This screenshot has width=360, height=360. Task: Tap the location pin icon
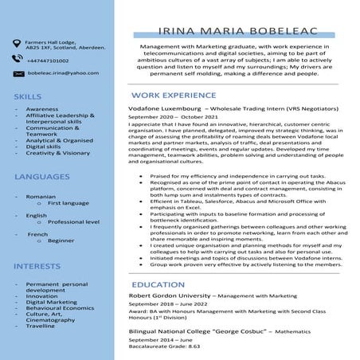coord(16,43)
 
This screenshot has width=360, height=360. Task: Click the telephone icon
coord(16,60)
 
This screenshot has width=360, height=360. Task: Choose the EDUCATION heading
coord(158,284)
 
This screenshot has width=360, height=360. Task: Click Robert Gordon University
coord(170,296)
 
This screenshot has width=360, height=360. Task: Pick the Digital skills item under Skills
coord(43,147)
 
